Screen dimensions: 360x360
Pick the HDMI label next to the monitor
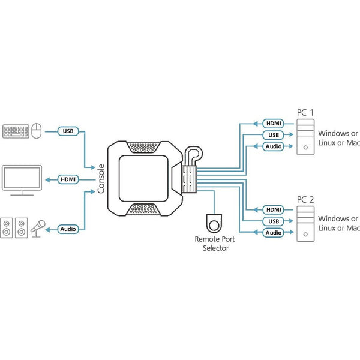tap(68, 179)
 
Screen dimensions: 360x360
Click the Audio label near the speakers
tap(68, 229)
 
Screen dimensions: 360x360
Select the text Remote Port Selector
tap(215, 244)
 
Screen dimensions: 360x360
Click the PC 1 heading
tap(305, 112)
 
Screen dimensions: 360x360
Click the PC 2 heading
tap(305, 199)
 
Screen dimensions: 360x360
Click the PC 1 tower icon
tap(305, 137)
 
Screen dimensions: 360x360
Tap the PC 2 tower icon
tap(305, 223)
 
